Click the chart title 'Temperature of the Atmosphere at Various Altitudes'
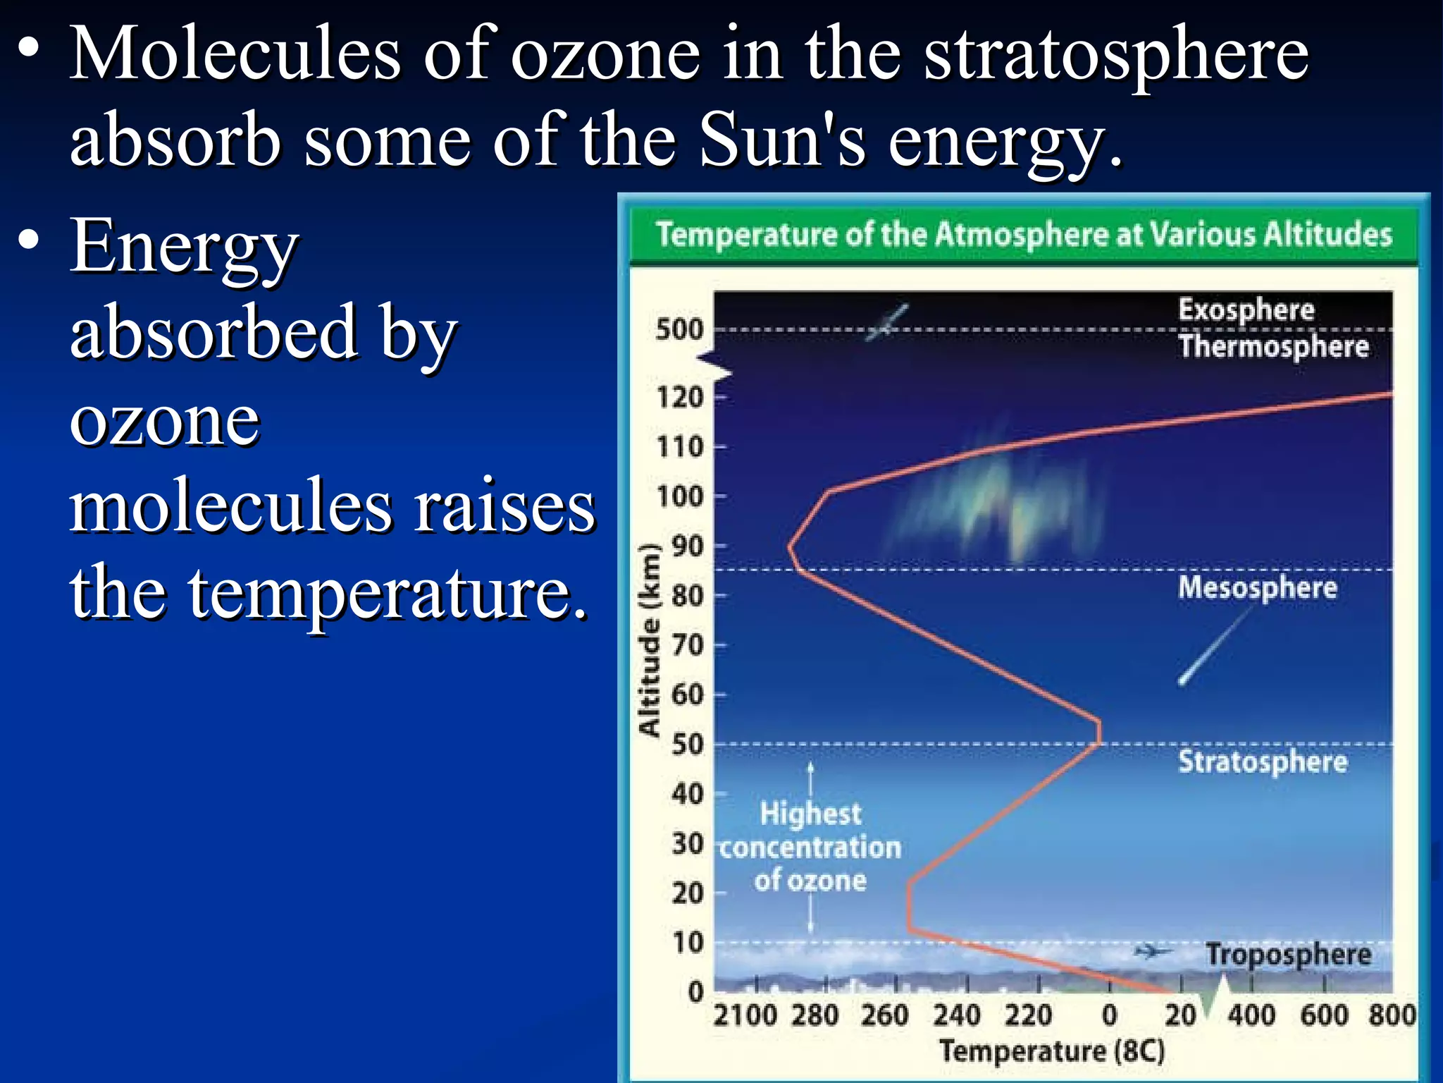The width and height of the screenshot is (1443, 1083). coord(1023,234)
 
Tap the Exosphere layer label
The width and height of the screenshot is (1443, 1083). coord(1246,310)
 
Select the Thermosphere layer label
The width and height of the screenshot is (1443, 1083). coord(1273,347)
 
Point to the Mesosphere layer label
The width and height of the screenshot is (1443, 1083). coord(1257,587)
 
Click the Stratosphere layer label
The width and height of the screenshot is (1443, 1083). coord(1263,762)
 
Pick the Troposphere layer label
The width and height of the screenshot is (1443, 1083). coord(1288,955)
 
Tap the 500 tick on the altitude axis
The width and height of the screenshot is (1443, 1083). coord(679,329)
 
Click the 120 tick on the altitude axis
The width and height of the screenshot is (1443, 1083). coord(680,398)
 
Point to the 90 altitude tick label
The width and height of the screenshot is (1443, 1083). coord(687,546)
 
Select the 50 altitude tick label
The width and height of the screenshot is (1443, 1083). coord(687,745)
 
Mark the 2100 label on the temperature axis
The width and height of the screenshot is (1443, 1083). coord(744,1015)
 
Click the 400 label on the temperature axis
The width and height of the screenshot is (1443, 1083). coord(1251,1015)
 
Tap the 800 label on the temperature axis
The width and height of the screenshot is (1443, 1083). coord(1392,1015)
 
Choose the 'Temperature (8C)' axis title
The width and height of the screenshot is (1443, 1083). coord(1052,1051)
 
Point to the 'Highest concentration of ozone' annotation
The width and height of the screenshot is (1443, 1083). coord(810,847)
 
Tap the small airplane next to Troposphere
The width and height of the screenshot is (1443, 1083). coord(1153,952)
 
